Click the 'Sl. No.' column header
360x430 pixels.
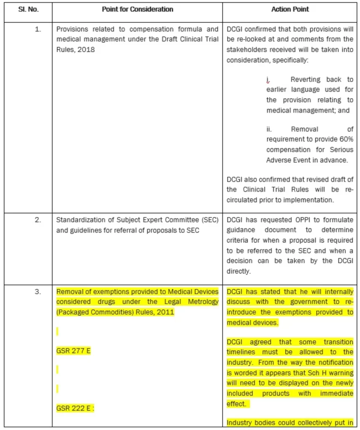(x=28, y=9)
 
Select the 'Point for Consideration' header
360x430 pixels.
(x=137, y=9)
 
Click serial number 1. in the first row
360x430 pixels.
(x=38, y=30)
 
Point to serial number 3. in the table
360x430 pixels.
(x=38, y=292)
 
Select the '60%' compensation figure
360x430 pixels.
(x=344, y=140)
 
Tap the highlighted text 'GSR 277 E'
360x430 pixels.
(x=74, y=351)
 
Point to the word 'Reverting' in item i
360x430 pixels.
(x=305, y=80)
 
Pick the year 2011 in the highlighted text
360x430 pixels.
(x=167, y=312)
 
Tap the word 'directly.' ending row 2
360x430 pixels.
(x=238, y=271)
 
